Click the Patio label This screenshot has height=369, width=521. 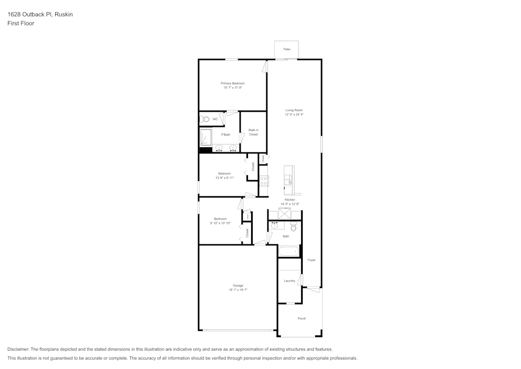tap(287, 49)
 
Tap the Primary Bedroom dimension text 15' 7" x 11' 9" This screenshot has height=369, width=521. tap(232, 88)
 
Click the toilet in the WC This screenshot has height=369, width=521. tap(205, 119)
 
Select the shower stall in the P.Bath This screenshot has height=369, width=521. tap(206, 137)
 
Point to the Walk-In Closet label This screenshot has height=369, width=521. tap(253, 132)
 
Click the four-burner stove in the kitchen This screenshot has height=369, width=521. tap(264, 181)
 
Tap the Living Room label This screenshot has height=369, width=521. tap(294, 110)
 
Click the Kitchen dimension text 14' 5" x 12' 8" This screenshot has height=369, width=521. tap(290, 204)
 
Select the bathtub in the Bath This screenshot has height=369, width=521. tap(289, 252)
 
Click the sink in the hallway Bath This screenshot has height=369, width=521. tap(274, 227)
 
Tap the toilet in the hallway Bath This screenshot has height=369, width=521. tap(293, 227)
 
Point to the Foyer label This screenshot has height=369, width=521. tap(312, 260)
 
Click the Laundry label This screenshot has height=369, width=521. tap(289, 281)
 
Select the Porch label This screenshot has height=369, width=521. tap(302, 318)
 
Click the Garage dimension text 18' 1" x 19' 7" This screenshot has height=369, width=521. tap(238, 290)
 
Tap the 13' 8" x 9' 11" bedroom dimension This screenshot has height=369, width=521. tap(225, 177)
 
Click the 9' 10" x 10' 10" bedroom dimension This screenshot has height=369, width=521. tap(220, 223)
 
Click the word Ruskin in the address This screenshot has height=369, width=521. tap(64, 15)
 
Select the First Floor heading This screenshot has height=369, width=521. tap(21, 23)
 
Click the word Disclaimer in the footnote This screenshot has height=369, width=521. tap(18, 349)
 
